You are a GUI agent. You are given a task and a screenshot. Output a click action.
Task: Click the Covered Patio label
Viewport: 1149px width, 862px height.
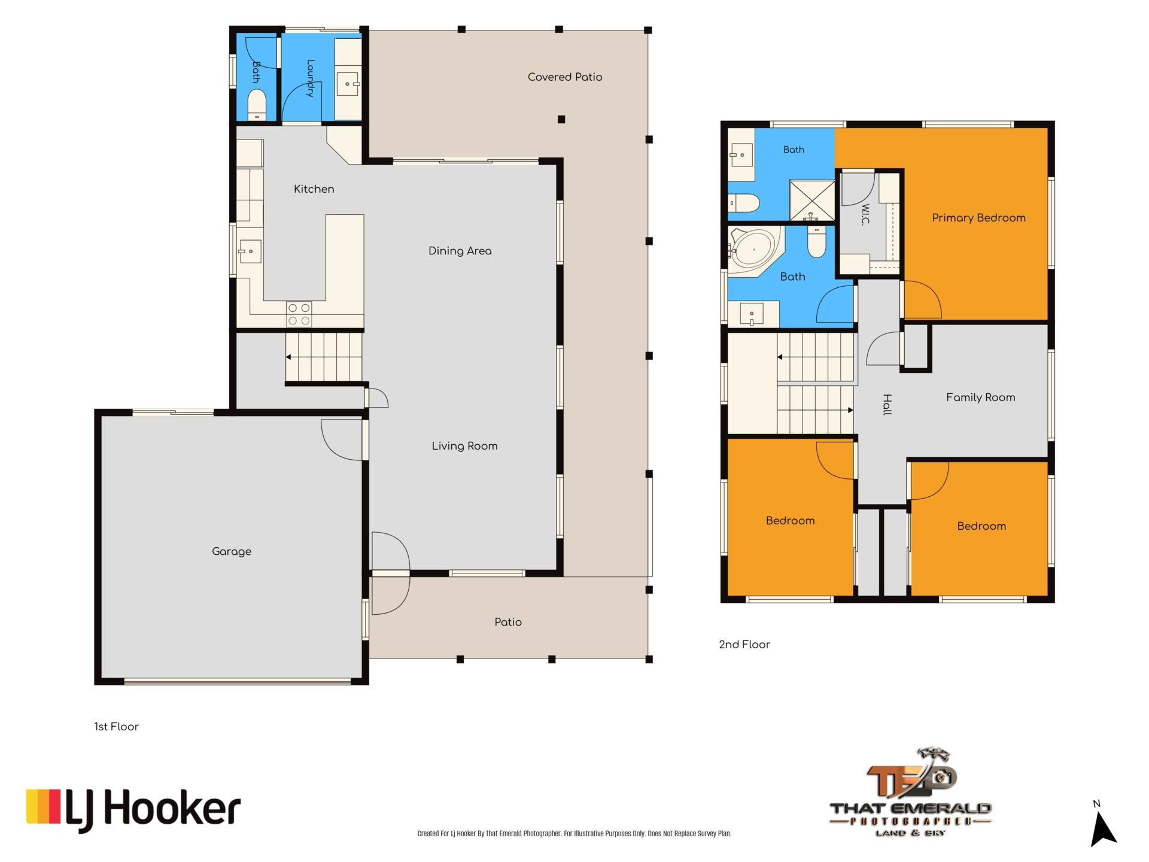point(565,77)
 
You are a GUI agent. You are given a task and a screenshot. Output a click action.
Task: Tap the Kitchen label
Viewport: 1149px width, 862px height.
point(314,189)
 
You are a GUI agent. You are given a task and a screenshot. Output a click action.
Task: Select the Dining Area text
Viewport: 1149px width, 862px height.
point(460,251)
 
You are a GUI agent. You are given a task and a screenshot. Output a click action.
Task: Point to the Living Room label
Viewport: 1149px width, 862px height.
point(464,446)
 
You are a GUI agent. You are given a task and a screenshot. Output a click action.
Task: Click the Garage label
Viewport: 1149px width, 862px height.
point(232,551)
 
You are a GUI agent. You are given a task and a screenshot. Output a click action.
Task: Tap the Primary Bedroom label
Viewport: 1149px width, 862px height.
point(978,218)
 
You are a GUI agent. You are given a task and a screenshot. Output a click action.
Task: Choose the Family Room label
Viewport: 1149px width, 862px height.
point(980,397)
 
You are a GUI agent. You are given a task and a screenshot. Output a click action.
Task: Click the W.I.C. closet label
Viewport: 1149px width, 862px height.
point(865,215)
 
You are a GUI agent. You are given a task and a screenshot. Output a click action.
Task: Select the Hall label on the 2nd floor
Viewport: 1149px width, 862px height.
point(887,405)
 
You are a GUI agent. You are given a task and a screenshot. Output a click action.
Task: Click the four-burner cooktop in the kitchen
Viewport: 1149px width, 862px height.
point(299,314)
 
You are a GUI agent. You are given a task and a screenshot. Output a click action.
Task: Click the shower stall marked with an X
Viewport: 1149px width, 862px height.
point(812,200)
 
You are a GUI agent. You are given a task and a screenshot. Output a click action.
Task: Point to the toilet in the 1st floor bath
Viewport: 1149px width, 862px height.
point(257,105)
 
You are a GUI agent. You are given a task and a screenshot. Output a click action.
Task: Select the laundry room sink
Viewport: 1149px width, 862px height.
point(348,84)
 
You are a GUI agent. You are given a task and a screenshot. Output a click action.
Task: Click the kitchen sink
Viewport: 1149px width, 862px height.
point(250,251)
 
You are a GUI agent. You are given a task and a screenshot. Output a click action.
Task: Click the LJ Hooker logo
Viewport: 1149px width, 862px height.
point(133,810)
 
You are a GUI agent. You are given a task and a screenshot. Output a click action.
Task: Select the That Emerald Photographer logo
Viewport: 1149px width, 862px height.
point(910,792)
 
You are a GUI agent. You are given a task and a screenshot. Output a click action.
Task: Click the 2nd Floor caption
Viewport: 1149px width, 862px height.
point(744,645)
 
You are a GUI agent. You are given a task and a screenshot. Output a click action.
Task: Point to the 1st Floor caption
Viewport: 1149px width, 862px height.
point(116,727)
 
